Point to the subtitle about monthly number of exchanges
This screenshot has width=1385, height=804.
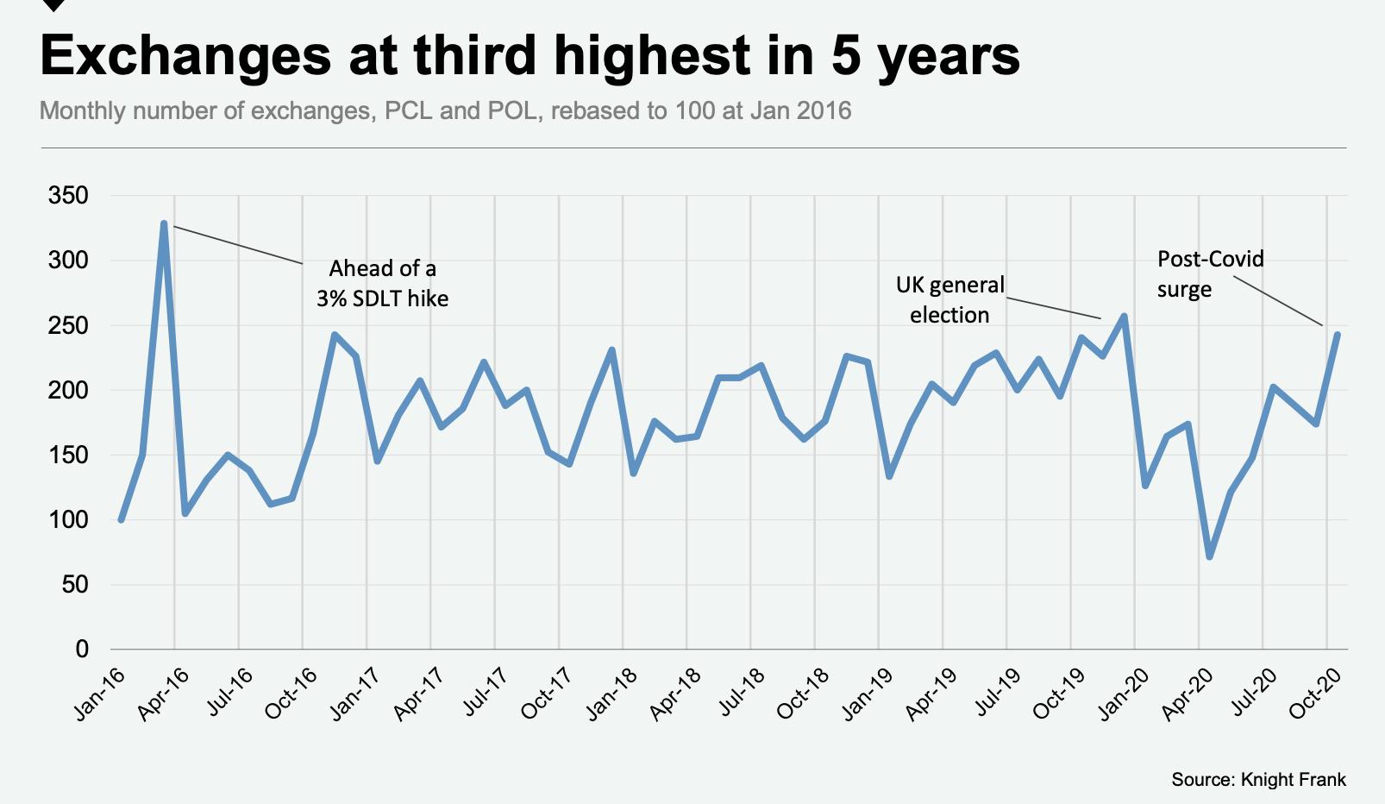pos(445,111)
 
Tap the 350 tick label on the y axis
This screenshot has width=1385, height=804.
pos(69,196)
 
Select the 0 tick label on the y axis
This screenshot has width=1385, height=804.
pos(82,649)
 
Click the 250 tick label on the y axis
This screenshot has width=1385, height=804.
pos(69,325)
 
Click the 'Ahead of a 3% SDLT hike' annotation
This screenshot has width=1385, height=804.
pos(382,284)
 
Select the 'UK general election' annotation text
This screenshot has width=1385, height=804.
pos(949,299)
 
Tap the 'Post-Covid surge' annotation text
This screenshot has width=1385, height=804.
pos(1210,273)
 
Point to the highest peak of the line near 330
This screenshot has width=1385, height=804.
pos(164,223)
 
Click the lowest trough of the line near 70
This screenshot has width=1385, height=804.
pos(1210,556)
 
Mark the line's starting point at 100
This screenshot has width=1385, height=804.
pos(122,519)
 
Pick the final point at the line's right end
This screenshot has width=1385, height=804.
pos(1337,335)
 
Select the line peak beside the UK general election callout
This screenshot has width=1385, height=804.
pos(1124,317)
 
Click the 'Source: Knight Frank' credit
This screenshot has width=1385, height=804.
pos(1258,780)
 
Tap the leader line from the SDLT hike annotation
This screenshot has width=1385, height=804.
pos(238,244)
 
